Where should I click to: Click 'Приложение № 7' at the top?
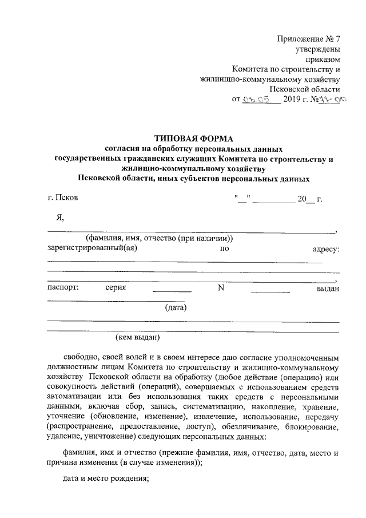(309, 39)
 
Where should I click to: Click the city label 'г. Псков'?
(64, 199)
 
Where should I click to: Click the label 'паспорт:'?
(63, 288)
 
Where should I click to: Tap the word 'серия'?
(116, 288)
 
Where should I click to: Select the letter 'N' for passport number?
(221, 288)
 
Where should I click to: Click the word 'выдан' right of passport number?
(328, 288)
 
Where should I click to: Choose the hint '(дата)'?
(176, 308)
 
